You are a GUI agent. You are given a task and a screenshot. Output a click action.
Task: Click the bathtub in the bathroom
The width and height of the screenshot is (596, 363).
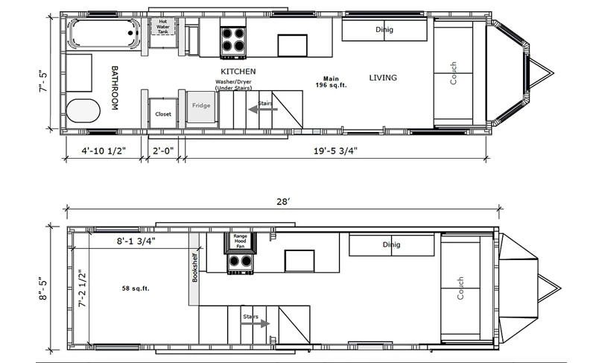click(x=104, y=34)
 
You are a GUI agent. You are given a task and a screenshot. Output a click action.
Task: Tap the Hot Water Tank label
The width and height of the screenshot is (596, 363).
click(x=163, y=27)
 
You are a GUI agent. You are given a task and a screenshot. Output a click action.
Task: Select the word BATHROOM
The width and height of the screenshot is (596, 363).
click(x=115, y=88)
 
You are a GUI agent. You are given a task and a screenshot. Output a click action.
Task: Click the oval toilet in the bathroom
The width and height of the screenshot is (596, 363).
click(x=83, y=110)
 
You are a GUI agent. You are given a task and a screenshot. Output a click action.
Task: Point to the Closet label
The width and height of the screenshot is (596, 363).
click(x=163, y=114)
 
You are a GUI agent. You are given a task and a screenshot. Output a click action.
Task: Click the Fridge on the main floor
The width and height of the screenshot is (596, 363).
click(x=201, y=106)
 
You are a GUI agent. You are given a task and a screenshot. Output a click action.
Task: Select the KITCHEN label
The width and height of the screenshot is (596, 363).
click(x=238, y=72)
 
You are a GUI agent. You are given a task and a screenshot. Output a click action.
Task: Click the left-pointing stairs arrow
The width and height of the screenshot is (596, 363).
click(x=263, y=110)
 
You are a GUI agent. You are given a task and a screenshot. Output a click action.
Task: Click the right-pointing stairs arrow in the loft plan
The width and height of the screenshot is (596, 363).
click(x=255, y=323)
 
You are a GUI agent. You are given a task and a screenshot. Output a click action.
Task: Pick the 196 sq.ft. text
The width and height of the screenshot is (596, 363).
click(x=331, y=85)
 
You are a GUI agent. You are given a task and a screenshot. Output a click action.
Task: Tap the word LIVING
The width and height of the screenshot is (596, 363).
click(x=383, y=78)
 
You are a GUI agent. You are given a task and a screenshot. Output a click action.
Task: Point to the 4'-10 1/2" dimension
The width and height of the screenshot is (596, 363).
click(x=104, y=151)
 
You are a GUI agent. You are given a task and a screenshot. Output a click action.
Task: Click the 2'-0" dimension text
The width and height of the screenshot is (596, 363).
click(x=163, y=151)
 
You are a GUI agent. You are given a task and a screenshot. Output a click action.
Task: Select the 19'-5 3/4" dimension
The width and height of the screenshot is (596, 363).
click(x=335, y=151)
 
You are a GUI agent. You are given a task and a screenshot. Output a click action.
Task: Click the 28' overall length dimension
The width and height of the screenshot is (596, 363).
click(x=283, y=201)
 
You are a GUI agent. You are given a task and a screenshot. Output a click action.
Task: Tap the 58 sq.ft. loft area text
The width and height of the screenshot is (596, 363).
click(x=136, y=288)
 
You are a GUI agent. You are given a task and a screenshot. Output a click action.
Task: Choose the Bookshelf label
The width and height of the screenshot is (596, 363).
click(x=194, y=268)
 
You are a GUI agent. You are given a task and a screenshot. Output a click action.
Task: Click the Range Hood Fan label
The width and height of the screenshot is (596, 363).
click(x=240, y=241)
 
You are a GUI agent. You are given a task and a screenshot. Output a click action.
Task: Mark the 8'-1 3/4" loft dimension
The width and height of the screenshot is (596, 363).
click(x=136, y=241)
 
